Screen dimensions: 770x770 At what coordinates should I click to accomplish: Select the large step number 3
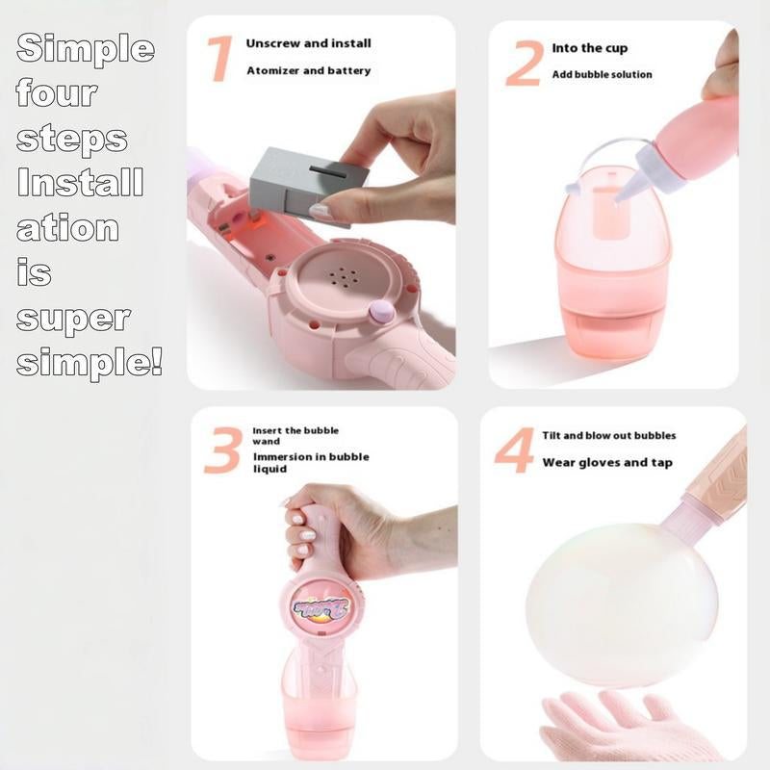[222, 449]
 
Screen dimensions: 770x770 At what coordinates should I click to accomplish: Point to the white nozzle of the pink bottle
[629, 186]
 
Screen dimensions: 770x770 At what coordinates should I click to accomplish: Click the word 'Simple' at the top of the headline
[85, 48]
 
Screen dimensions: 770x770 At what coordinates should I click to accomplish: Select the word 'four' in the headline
[58, 93]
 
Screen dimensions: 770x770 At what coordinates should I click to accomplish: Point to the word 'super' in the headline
[73, 319]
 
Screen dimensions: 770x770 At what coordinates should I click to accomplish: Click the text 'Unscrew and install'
[308, 44]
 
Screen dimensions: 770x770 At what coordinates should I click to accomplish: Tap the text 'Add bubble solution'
[602, 75]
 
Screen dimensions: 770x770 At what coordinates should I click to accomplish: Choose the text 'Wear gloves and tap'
[606, 463]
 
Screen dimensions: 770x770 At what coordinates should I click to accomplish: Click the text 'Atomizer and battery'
[308, 70]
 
